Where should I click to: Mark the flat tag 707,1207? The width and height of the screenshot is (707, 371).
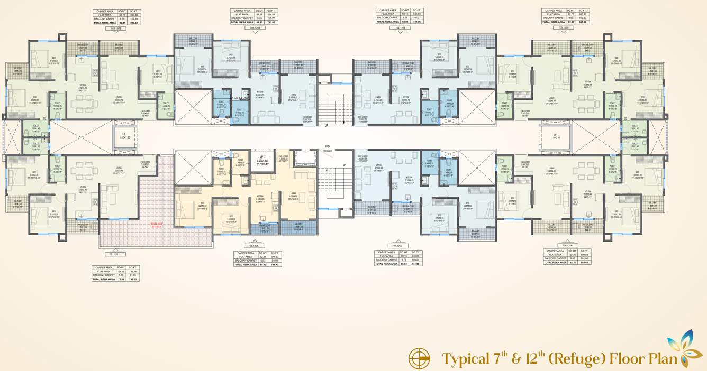pos(397,246)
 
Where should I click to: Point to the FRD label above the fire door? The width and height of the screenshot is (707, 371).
pos(328,146)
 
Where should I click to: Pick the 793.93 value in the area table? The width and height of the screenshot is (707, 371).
pos(133,279)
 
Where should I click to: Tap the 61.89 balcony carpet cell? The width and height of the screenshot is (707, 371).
pos(133,275)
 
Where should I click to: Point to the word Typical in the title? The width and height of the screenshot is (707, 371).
pos(465,359)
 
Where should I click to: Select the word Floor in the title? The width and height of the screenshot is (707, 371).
pos(629,359)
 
